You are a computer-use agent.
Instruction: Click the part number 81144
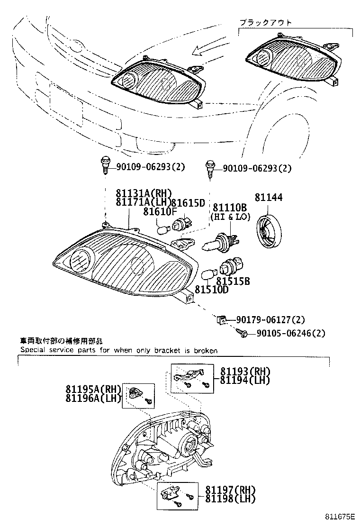click(x=269, y=197)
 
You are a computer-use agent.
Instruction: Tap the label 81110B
click(x=229, y=207)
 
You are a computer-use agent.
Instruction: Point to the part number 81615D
click(x=188, y=203)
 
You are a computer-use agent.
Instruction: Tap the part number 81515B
click(x=233, y=281)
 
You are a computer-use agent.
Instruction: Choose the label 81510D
click(x=211, y=290)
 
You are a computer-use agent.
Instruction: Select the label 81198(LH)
click(x=230, y=498)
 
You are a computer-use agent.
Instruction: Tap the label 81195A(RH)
click(x=94, y=389)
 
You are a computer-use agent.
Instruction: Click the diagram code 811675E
click(x=339, y=517)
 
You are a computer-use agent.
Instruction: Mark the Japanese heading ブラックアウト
click(x=265, y=22)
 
